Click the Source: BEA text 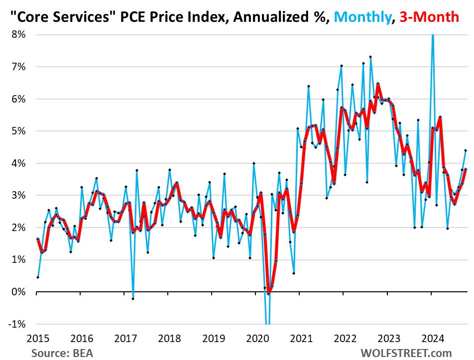pyautogui.click(x=62, y=353)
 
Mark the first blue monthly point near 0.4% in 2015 pyautogui.click(x=38, y=277)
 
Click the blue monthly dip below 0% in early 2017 pyautogui.click(x=133, y=298)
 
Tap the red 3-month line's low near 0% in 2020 pyautogui.click(x=268, y=293)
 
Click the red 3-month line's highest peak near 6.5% pyautogui.click(x=378, y=84)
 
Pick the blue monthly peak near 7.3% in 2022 pyautogui.click(x=370, y=57)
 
